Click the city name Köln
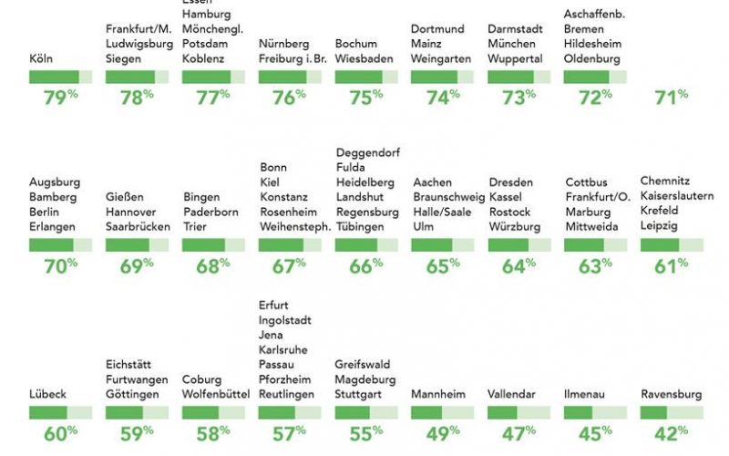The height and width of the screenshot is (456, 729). click(x=41, y=59)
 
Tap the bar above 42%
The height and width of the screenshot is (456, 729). click(x=672, y=413)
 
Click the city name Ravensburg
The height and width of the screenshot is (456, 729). click(x=672, y=395)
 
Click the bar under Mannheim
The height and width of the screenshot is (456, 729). click(x=442, y=413)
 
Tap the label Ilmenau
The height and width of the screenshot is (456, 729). click(x=588, y=395)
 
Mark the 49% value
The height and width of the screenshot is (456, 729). click(x=442, y=433)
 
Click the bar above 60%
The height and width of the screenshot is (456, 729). click(x=60, y=413)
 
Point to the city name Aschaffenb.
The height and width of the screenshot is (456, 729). click(x=594, y=14)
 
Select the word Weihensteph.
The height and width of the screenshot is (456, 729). click(x=295, y=227)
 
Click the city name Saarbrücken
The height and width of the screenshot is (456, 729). click(x=138, y=227)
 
